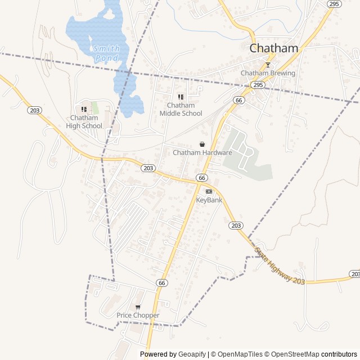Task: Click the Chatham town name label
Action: [x=273, y=48]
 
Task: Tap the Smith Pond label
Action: [x=106, y=53]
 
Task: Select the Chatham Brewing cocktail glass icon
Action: [x=268, y=65]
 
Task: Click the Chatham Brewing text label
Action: [x=268, y=73]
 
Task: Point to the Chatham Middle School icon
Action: [x=181, y=97]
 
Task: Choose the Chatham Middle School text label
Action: [x=181, y=109]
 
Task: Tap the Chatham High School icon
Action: [x=84, y=109]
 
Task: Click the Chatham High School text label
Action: [x=84, y=121]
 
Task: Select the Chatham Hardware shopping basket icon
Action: [x=202, y=145]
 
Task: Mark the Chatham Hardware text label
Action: [x=202, y=152]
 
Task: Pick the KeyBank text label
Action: [x=209, y=200]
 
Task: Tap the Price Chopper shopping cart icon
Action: [x=138, y=307]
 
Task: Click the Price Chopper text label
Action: [x=138, y=316]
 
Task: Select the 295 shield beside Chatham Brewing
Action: [x=258, y=85]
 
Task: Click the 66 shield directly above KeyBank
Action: [x=201, y=178]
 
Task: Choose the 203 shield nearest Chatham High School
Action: [x=34, y=110]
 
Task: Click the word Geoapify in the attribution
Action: [x=192, y=354]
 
